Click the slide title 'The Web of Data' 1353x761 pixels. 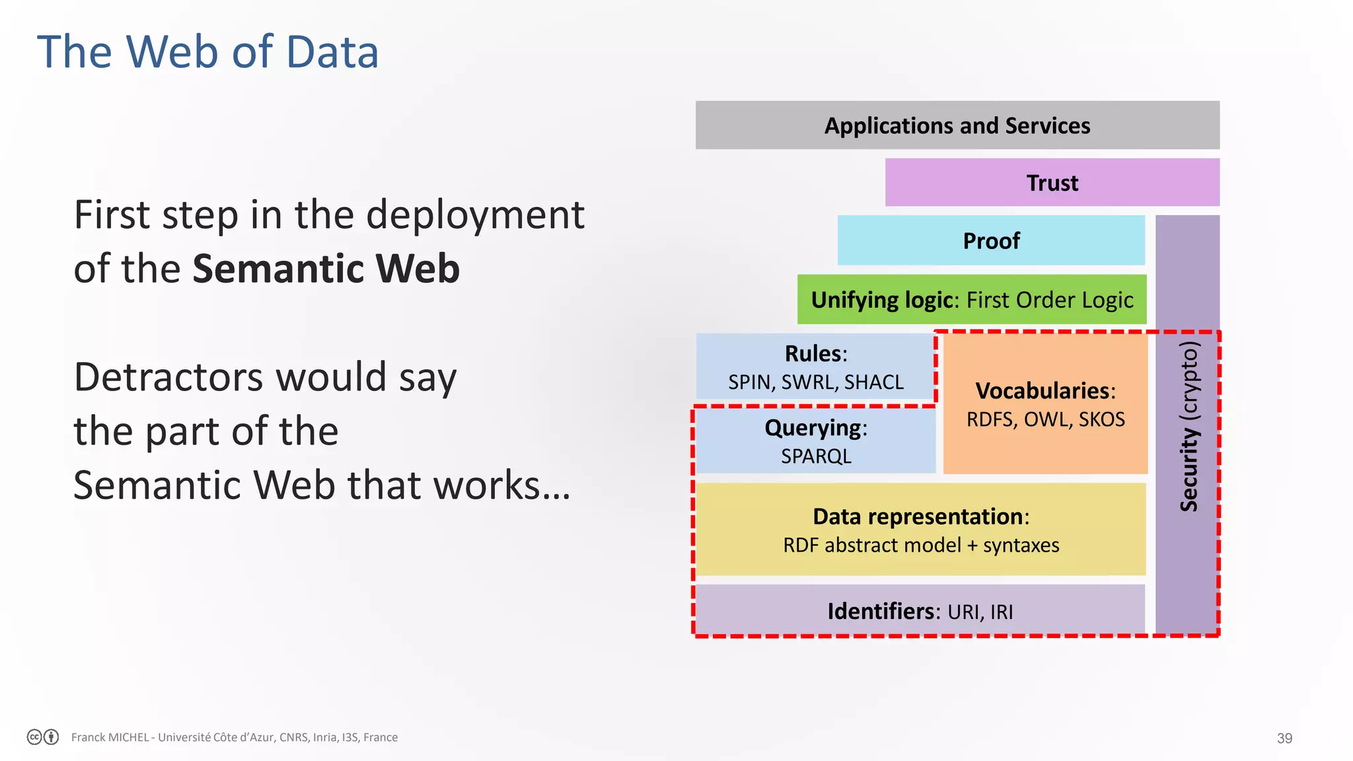207,52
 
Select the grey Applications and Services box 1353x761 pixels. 957,126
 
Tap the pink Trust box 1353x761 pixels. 1052,183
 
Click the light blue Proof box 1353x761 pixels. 990,241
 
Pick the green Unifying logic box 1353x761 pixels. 971,300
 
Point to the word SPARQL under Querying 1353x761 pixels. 816,456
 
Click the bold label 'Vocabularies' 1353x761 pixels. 1042,390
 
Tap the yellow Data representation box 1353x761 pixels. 920,530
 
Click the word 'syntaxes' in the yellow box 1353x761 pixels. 1021,546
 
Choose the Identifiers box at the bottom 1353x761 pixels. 920,611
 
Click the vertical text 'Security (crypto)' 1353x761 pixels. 1188,426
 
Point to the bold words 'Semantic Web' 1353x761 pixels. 326,269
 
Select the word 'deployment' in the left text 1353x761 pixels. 475,215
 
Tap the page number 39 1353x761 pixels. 1284,738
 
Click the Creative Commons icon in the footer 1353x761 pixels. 35,737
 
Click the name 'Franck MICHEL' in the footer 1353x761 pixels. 110,737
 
